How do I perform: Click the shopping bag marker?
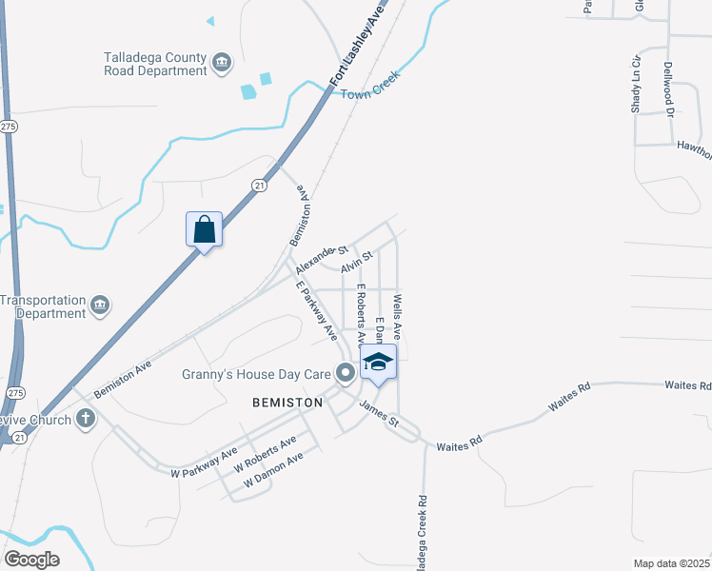pos(204,229)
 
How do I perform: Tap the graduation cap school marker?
pos(378,363)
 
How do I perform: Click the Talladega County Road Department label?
pos(154,64)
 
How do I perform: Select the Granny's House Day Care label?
pos(256,373)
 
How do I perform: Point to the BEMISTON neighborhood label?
pos(287,403)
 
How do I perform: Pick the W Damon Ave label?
pos(273,470)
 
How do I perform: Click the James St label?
pos(378,414)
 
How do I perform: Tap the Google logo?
pos(31,560)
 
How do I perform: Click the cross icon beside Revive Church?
pos(86,418)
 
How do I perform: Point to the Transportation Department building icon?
pos(100,305)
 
